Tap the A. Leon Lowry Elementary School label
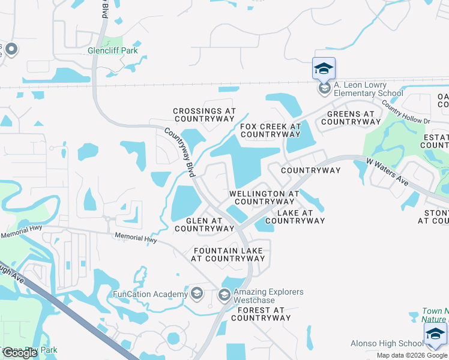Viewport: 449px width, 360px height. click(368, 89)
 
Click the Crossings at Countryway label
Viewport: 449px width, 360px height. click(204, 115)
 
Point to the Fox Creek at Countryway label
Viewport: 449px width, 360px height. click(270, 130)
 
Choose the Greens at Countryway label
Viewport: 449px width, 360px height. click(351, 118)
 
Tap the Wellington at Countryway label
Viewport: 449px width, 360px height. click(264, 197)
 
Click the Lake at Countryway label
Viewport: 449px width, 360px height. click(295, 217)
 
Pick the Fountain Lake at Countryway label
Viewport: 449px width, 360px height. click(228, 254)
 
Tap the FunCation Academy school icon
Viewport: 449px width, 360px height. click(196, 293)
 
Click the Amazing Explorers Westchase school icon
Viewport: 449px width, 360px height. click(224, 295)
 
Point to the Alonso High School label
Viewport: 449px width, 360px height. click(387, 343)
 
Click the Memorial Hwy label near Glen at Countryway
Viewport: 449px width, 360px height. click(136, 239)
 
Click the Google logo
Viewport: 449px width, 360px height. click(20, 353)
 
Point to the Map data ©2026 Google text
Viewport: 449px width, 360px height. click(412, 355)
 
